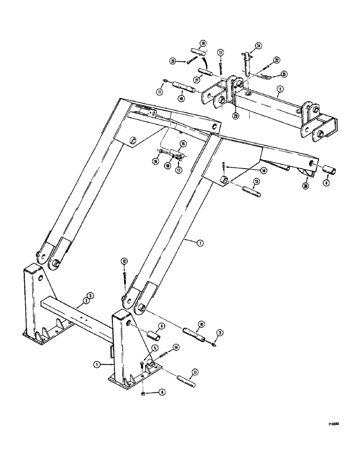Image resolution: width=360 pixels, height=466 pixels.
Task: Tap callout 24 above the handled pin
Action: pyautogui.click(x=258, y=45)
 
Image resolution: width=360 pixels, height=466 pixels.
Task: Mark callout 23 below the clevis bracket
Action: pyautogui.click(x=235, y=116)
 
